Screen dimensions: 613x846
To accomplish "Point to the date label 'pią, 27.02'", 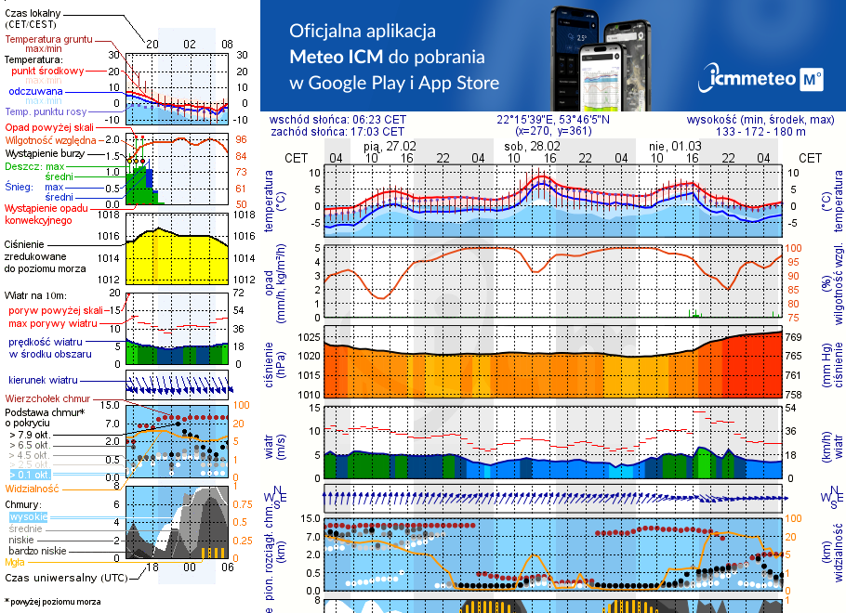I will [x=390, y=146].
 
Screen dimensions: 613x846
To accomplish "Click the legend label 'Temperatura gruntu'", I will [x=48, y=40].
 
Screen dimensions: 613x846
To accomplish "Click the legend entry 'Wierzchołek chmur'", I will [x=46, y=398].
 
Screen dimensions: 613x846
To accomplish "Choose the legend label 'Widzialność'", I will [x=32, y=487].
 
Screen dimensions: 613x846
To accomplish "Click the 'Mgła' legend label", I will [x=15, y=561].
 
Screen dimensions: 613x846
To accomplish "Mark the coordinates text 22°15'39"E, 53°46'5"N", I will [x=552, y=119].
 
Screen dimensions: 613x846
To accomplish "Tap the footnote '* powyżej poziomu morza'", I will [x=52, y=602].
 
